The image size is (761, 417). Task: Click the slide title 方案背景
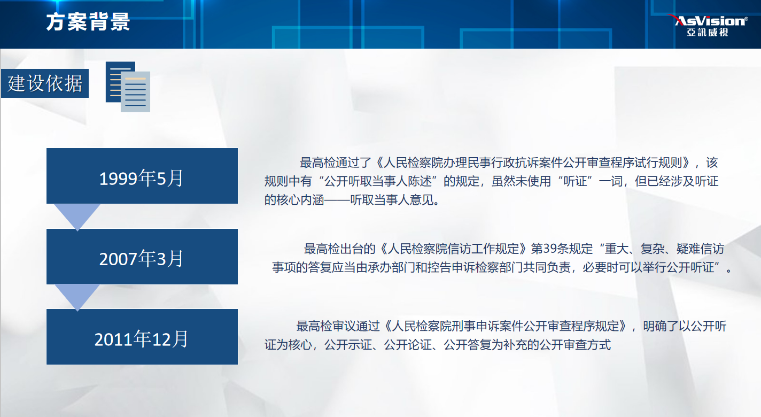88,22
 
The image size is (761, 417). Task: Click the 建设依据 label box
45,83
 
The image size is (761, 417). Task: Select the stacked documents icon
128,87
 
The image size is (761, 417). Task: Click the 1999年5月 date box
142,176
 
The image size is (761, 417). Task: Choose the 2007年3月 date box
142,257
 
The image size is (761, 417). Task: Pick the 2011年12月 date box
142,337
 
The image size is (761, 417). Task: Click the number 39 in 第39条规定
550,249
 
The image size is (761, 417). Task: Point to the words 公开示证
348,345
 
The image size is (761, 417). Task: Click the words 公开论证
408,345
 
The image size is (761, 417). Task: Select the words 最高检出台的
339,249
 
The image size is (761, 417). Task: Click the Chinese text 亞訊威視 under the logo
708,32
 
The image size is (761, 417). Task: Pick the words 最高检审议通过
338,326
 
